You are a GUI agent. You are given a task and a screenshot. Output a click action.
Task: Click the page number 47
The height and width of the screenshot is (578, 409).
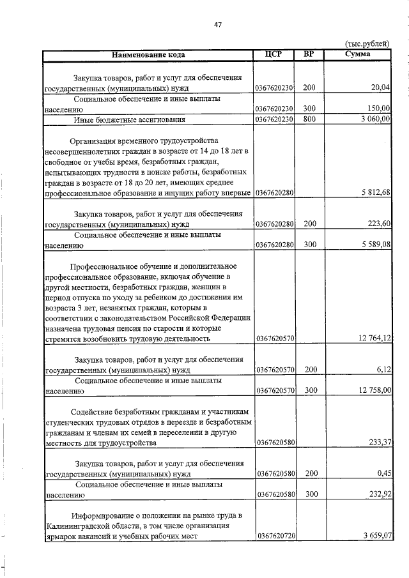[x=218, y=24]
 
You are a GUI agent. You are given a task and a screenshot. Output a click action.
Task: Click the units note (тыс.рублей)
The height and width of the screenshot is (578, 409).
[x=366, y=43]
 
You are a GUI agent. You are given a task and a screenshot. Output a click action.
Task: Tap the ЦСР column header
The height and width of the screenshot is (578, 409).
[x=274, y=54]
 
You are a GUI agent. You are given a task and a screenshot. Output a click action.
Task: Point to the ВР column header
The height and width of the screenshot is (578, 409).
[x=309, y=54]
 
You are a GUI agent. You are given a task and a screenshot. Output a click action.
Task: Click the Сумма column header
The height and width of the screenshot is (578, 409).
[x=357, y=54]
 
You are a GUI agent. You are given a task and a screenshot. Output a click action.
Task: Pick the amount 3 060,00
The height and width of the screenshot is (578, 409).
[x=374, y=119]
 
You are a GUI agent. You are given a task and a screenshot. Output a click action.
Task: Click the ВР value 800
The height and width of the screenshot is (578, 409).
[x=309, y=119]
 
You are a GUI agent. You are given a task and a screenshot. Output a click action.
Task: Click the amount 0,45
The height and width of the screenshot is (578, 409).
[x=383, y=474]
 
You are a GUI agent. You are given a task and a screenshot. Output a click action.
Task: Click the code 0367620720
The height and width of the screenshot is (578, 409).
[x=274, y=536]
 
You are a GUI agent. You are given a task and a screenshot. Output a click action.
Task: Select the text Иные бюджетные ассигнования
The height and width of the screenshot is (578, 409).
[x=130, y=119]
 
